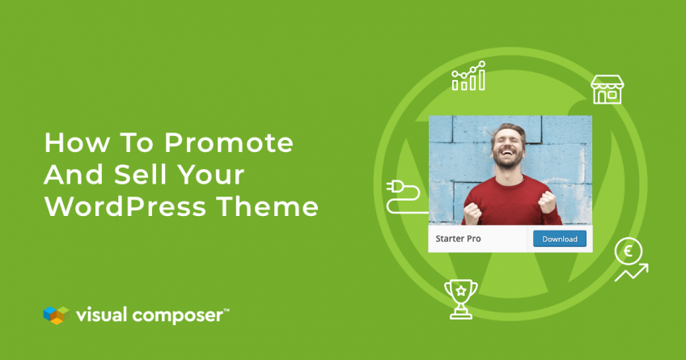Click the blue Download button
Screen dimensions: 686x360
point(560,239)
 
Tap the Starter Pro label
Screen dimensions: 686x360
point(458,239)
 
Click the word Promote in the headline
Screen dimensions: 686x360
point(228,142)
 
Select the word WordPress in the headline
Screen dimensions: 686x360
point(125,206)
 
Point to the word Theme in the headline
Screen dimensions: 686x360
point(267,206)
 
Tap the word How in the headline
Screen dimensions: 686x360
point(77,142)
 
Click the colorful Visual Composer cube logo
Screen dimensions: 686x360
point(57,315)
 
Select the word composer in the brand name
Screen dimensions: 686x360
point(178,316)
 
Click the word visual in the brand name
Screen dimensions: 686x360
point(101,315)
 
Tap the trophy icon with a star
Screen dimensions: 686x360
point(460,299)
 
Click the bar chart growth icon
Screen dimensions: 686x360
point(468,76)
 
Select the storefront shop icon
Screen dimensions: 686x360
point(607,90)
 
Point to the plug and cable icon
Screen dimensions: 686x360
point(404,197)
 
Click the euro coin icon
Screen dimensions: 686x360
point(629,252)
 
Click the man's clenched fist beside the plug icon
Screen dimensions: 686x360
point(472,213)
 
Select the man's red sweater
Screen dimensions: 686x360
point(512,202)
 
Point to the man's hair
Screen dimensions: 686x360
point(508,130)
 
